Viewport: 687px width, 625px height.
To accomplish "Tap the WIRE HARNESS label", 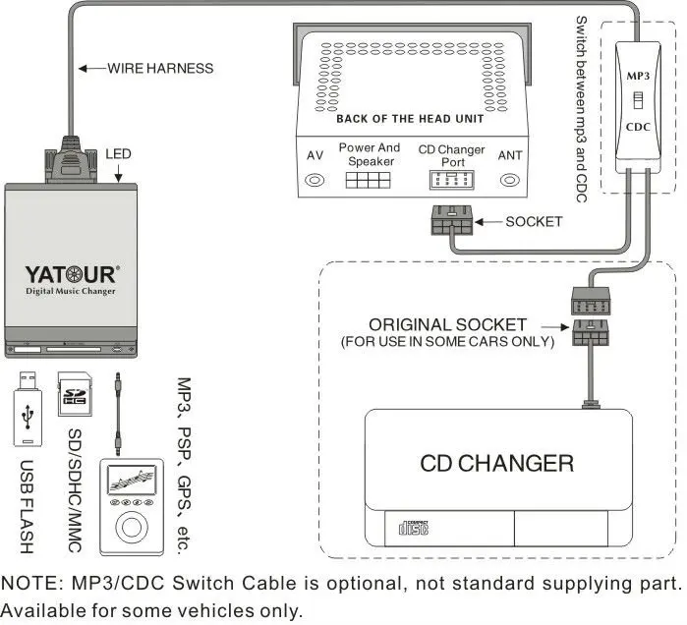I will [159, 69].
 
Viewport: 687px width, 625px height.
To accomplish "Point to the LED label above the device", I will [118, 154].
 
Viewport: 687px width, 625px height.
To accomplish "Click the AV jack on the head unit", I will [315, 181].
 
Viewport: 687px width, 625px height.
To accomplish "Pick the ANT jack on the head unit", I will [510, 181].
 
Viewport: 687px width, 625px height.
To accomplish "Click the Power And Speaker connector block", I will [369, 182].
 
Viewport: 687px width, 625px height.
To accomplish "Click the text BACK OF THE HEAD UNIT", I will [409, 119].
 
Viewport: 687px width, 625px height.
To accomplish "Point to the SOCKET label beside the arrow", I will [534, 222].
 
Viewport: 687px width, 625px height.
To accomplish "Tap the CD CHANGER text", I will [496, 462].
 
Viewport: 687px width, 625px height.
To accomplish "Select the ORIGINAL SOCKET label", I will [447, 324].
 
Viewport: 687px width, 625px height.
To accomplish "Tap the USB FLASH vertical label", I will [27, 505].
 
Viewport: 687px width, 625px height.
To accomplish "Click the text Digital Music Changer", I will [70, 292].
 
